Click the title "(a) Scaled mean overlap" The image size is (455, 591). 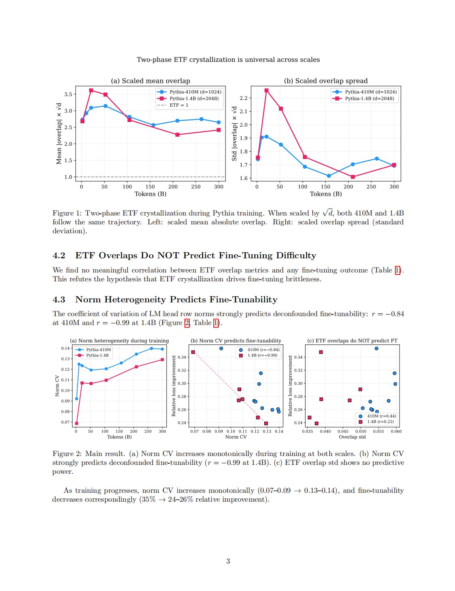(x=150, y=81)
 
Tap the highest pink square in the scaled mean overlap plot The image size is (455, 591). (x=91, y=90)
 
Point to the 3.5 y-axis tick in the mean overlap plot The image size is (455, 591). (x=68, y=94)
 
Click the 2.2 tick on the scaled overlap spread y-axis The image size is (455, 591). (x=244, y=98)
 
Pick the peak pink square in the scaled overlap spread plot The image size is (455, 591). (x=266, y=90)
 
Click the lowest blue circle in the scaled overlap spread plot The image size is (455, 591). (x=329, y=176)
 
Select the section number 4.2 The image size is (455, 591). (x=59, y=255)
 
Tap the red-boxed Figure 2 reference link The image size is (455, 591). (x=187, y=323)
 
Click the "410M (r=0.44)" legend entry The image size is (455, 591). (x=378, y=416)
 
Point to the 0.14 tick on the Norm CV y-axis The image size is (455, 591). (x=65, y=348)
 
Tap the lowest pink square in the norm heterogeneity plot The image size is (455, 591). (x=76, y=423)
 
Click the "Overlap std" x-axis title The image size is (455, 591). (x=352, y=437)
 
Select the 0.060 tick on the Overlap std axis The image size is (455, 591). (x=396, y=431)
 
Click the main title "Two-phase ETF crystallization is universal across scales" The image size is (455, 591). (x=228, y=59)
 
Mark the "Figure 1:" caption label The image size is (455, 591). (x=67, y=213)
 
